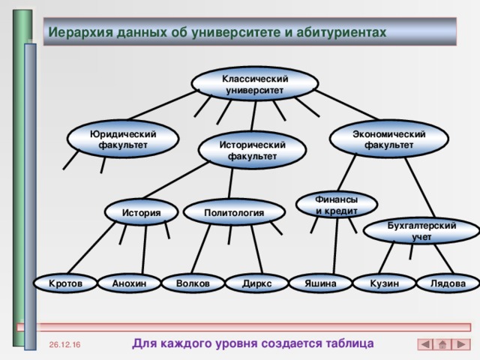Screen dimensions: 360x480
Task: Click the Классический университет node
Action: point(255,84)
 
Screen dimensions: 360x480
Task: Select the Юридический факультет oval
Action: point(122,139)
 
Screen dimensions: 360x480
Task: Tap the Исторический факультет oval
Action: point(252,150)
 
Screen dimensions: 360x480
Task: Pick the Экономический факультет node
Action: point(389,139)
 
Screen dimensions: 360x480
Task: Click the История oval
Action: point(142,213)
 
